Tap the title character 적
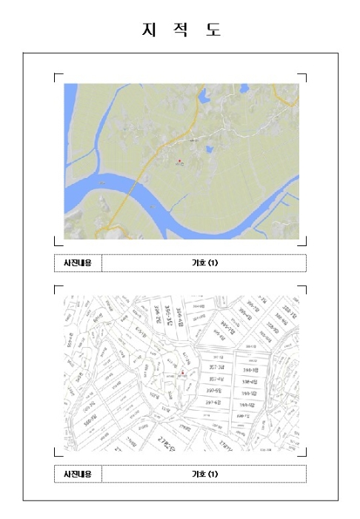pyautogui.click(x=180, y=30)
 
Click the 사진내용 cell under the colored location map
pyautogui.click(x=78, y=263)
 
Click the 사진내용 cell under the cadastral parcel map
pyautogui.click(x=78, y=474)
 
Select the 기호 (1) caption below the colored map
pyautogui.click(x=204, y=263)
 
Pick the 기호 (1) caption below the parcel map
pyautogui.click(x=204, y=474)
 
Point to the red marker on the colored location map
pyautogui.click(x=179, y=160)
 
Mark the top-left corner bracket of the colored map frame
pyautogui.click(x=57, y=76)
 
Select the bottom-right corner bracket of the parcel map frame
pyautogui.click(x=304, y=452)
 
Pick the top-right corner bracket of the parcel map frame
pyautogui.click(x=304, y=288)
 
